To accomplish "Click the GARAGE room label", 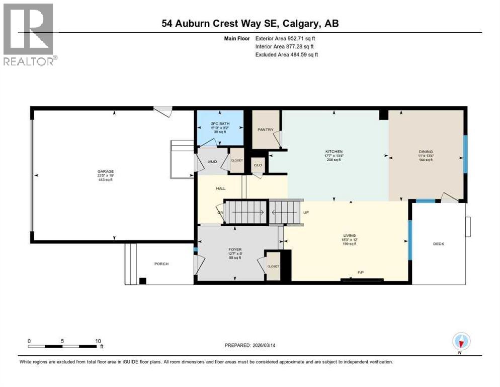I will [x=106, y=171].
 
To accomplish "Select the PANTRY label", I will [x=265, y=130].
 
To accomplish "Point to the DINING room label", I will [x=426, y=151].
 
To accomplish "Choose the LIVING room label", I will [x=350, y=235].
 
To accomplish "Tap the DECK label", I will [x=439, y=244].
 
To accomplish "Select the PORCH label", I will [x=161, y=264].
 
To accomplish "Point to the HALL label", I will [x=221, y=188].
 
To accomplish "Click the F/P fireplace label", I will [x=361, y=273].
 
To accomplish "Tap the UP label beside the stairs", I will [x=305, y=212].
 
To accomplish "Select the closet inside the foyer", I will [x=273, y=266].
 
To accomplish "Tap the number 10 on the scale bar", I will [x=99, y=341].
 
